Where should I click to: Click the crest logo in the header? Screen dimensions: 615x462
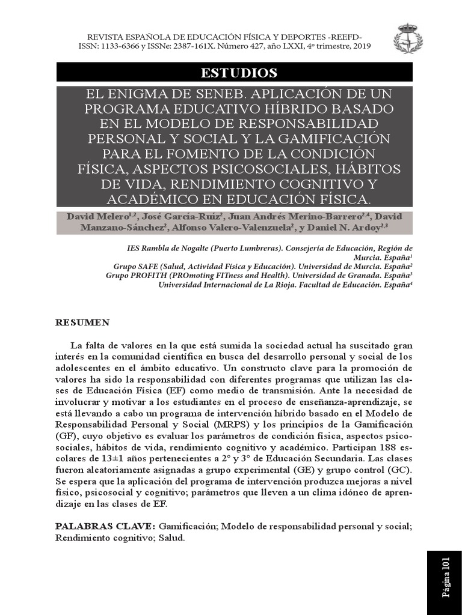click(407, 38)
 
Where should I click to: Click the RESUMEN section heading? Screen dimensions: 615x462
click(82, 323)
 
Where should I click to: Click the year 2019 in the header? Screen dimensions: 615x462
click(361, 46)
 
